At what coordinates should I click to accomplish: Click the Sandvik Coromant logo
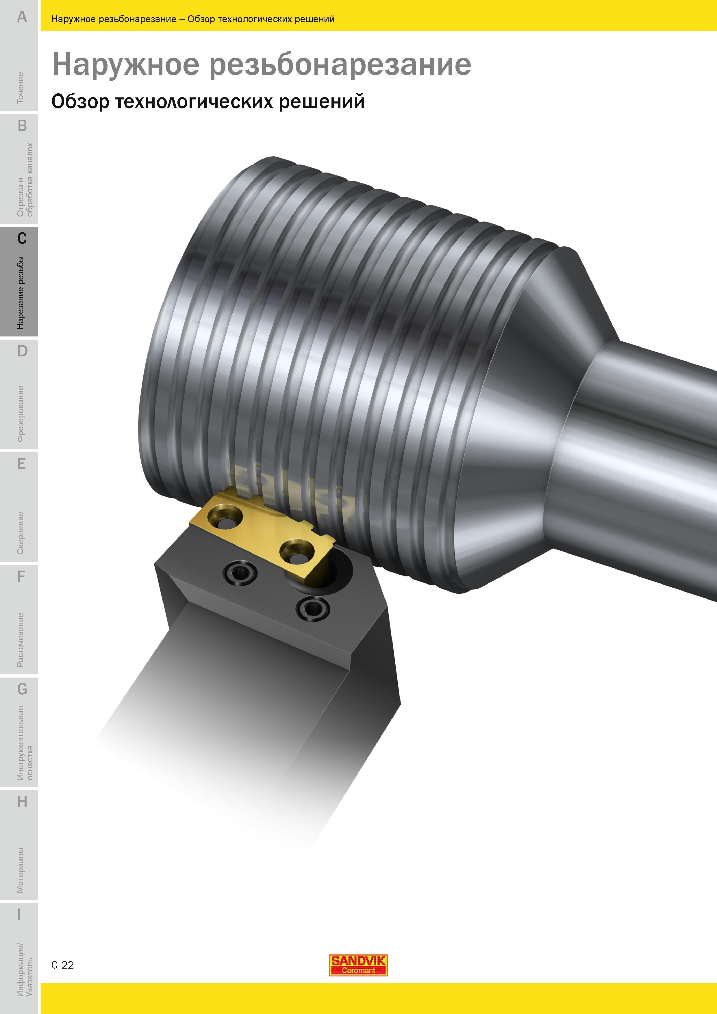[x=358, y=965]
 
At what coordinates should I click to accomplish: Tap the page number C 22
[x=63, y=965]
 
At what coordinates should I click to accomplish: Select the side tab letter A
[x=22, y=17]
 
